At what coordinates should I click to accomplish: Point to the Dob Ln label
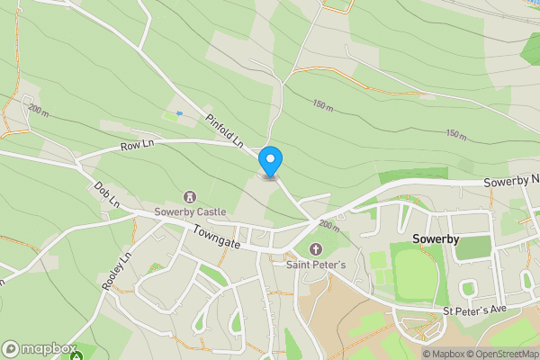coord(106,194)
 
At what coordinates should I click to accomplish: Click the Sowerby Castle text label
coord(190,211)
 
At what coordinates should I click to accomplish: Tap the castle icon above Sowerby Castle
coord(190,196)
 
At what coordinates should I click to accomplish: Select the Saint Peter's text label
coord(315,265)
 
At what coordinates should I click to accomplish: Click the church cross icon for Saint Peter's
coord(315,249)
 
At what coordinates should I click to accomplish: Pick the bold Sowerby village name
coord(436,239)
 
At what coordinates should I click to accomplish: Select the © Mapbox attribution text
coord(442,354)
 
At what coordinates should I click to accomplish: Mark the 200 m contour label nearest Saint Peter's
coord(328,225)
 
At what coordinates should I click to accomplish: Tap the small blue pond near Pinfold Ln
coord(179,113)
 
